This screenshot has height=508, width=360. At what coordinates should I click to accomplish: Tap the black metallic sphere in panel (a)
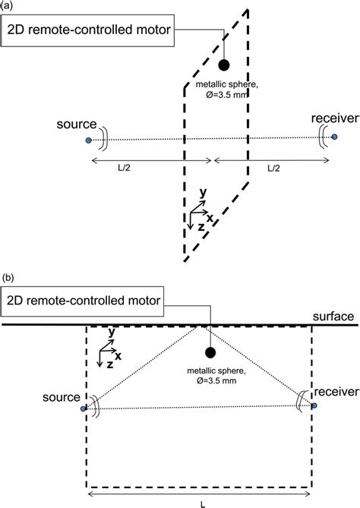(x=224, y=65)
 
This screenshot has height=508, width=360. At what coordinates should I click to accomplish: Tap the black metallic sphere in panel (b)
(x=208, y=352)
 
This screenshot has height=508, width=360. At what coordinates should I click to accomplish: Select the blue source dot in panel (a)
(x=89, y=140)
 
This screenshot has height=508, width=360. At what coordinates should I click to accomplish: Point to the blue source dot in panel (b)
(x=83, y=409)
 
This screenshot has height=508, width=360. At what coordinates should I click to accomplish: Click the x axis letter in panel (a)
(x=210, y=218)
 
